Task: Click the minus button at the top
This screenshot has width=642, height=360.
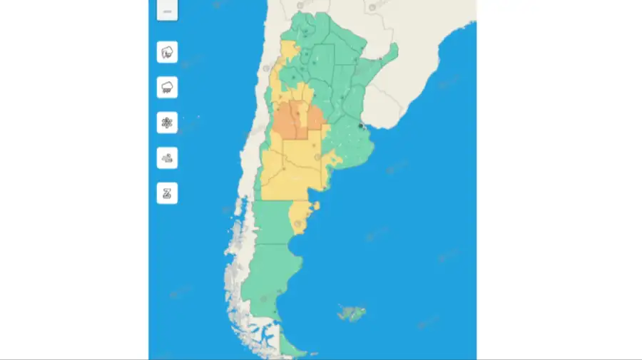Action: coord(167,11)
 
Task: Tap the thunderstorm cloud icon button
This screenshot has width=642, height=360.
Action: coord(167,52)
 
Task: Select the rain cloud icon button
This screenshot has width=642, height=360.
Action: coord(167,87)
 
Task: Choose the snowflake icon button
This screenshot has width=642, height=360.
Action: coord(167,123)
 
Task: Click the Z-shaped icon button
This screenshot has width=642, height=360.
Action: coord(167,193)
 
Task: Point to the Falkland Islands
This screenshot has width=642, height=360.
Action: coord(352,313)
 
